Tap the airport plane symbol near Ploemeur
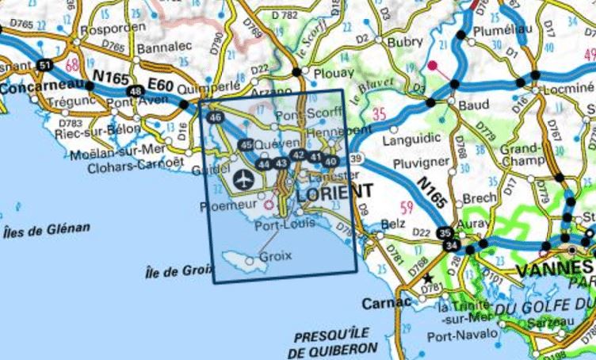coord(242,176)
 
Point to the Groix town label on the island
coord(275,257)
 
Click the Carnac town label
coord(384,303)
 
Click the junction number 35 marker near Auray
coord(446,233)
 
